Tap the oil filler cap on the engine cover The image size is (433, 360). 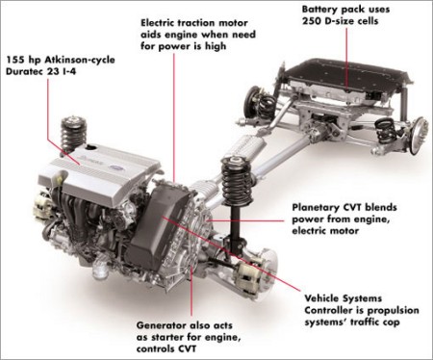click(x=91, y=147)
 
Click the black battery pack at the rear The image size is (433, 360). click(x=341, y=76)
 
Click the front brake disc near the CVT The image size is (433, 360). click(x=266, y=268)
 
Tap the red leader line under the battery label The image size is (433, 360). click(x=347, y=58)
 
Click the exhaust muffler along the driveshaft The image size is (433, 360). click(x=246, y=148)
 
